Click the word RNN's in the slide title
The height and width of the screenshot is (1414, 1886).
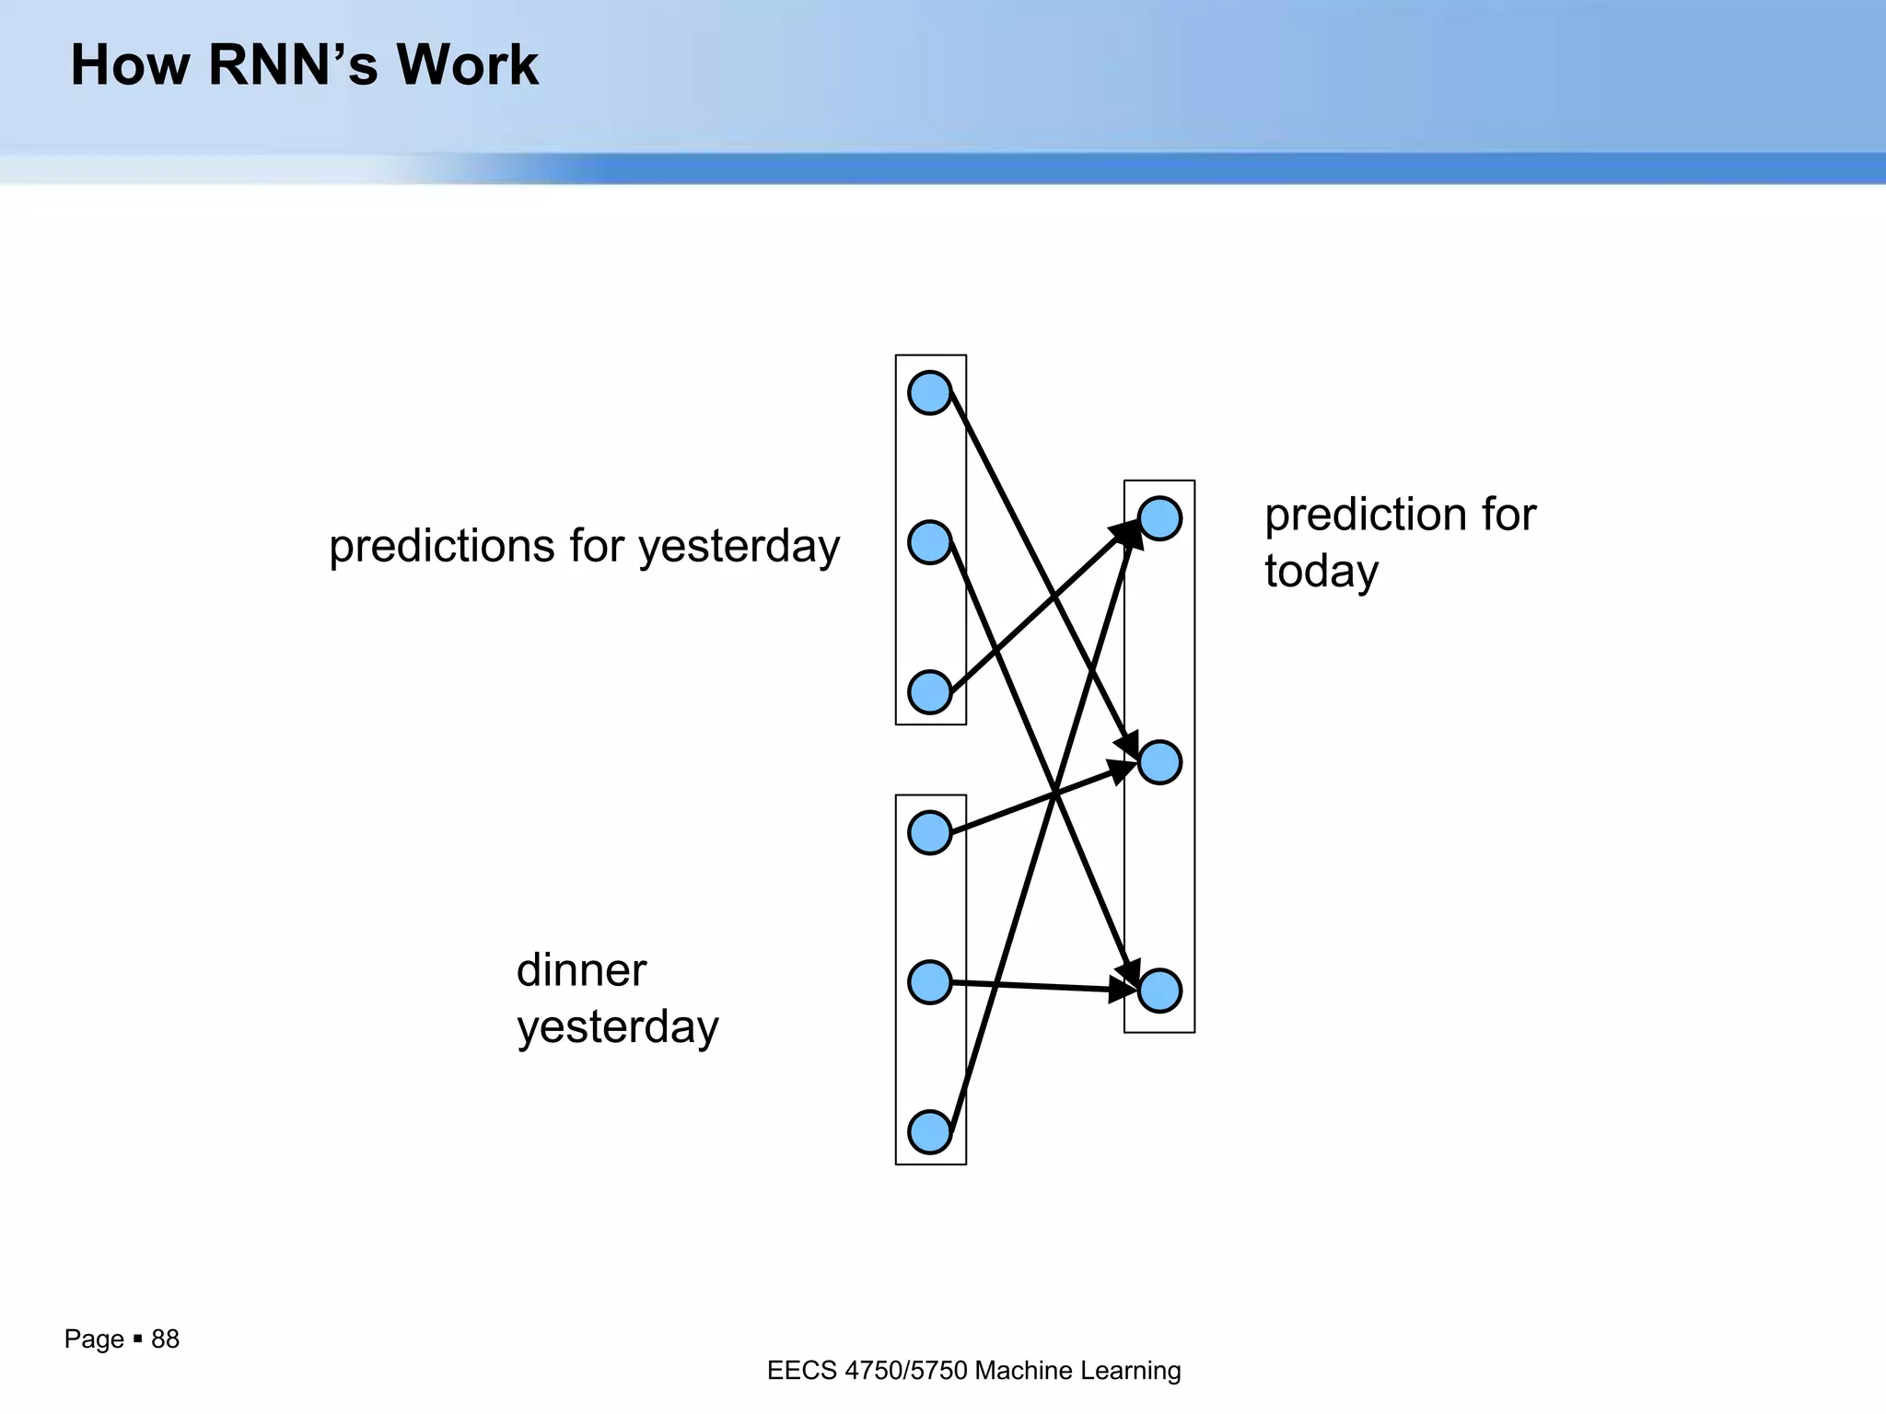pos(293,66)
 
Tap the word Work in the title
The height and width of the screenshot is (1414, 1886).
pos(468,66)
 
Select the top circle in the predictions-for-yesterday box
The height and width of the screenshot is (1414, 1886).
pos(929,393)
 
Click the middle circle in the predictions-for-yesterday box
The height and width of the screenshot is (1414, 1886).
pos(929,542)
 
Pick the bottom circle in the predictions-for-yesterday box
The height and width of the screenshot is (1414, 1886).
pos(929,692)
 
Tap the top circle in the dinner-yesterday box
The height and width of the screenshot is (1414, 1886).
pos(929,833)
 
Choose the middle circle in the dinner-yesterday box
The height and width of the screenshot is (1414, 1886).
pos(929,982)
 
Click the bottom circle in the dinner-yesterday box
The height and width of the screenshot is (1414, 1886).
pos(929,1132)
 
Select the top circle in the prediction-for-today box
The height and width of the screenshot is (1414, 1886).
pos(1159,519)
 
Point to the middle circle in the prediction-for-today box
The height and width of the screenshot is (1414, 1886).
pos(1159,762)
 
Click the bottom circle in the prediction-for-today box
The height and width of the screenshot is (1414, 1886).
pos(1159,991)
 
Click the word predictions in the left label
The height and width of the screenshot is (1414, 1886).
pos(441,547)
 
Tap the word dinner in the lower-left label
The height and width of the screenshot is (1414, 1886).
pos(581,970)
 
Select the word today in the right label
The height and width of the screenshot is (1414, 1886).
pos(1321,572)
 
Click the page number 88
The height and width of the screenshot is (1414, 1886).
pos(165,1339)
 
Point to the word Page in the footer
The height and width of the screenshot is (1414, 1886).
pos(94,1339)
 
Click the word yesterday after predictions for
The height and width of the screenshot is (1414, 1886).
pos(739,547)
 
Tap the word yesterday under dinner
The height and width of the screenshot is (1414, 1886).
pos(617,1027)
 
